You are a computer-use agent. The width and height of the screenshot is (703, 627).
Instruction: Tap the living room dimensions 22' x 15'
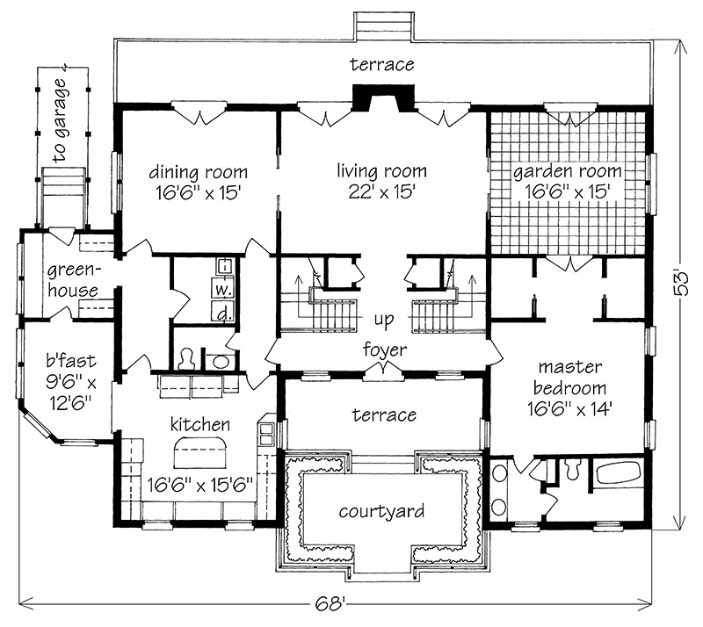pyautogui.click(x=381, y=190)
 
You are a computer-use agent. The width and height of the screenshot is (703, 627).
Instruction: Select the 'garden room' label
pyautogui.click(x=567, y=171)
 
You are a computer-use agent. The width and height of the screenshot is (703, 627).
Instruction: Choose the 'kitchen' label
pyautogui.click(x=202, y=424)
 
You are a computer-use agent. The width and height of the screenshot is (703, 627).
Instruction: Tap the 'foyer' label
pyautogui.click(x=385, y=350)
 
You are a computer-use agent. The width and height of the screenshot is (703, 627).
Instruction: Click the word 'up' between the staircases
pyautogui.click(x=381, y=318)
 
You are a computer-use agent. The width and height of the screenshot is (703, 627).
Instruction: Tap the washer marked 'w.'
pyautogui.click(x=223, y=287)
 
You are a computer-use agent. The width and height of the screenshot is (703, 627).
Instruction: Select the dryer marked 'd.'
pyautogui.click(x=223, y=310)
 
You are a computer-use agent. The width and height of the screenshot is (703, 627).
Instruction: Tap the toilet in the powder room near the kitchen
pyautogui.click(x=187, y=359)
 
